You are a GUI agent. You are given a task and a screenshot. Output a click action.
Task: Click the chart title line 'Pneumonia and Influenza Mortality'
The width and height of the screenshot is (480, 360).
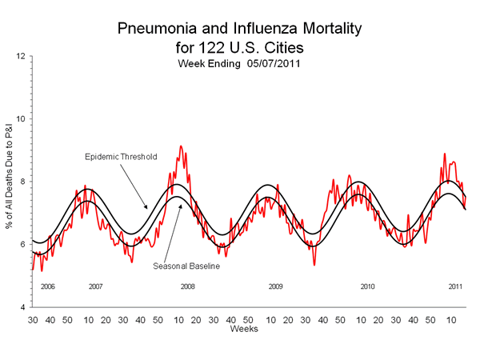(x=239, y=30)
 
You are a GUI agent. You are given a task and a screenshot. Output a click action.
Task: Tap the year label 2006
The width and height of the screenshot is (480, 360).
(x=47, y=286)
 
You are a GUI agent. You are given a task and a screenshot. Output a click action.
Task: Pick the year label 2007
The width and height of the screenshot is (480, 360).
(x=95, y=286)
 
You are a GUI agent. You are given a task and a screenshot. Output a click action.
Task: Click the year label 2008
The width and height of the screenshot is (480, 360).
(x=187, y=286)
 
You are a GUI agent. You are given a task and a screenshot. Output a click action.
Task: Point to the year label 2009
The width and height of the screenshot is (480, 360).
(x=275, y=286)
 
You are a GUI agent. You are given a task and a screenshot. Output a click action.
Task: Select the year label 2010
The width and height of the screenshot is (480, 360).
(x=367, y=286)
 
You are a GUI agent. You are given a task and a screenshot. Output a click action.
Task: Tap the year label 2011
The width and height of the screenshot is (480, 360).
(x=455, y=286)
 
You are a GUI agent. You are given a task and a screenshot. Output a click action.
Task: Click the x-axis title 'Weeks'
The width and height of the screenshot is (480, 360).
(x=243, y=329)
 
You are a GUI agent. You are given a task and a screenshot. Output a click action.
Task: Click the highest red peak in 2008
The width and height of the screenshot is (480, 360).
(x=181, y=146)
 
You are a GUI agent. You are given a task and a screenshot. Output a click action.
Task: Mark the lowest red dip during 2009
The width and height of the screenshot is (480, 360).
(x=314, y=264)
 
